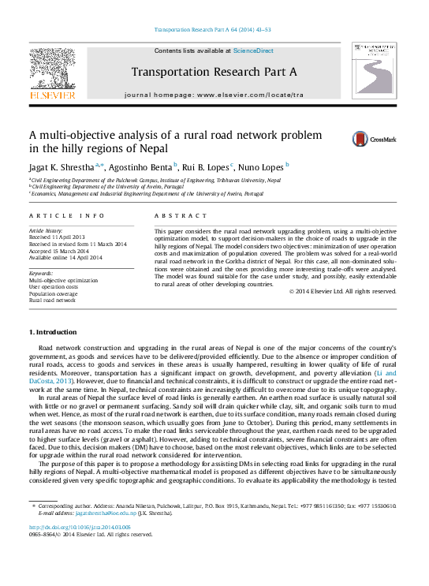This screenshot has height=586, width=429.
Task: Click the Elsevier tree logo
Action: (x=52, y=73)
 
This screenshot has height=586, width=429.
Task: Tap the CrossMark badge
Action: (x=374, y=140)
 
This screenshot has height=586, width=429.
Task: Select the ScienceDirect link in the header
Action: (x=253, y=50)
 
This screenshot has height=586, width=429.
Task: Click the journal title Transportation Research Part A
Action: (x=214, y=72)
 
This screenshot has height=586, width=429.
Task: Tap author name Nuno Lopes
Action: (x=263, y=167)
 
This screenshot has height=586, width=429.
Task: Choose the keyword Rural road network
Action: (x=52, y=300)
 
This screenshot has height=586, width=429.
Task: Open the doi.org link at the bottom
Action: (x=80, y=527)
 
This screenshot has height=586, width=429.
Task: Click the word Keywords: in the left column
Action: (x=41, y=274)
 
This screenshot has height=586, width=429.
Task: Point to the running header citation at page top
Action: (x=214, y=29)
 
